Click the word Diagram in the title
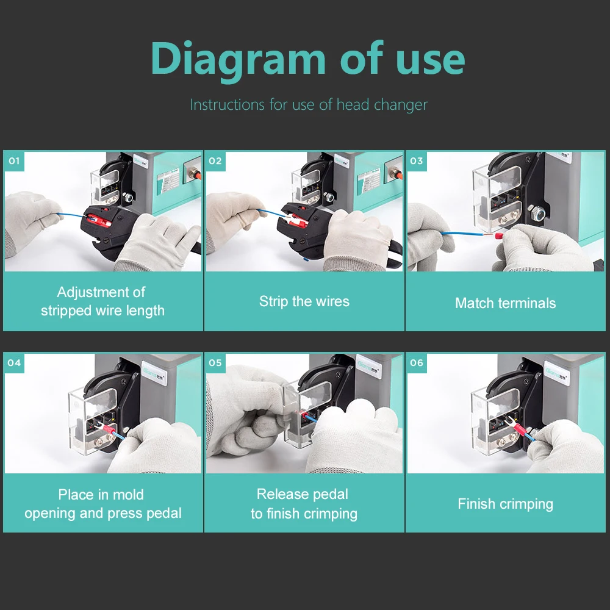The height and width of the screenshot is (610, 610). (238, 60)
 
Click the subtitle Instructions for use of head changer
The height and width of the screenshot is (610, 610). (309, 104)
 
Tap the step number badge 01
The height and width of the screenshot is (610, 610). (14, 161)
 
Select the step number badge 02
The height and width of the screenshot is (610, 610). (215, 161)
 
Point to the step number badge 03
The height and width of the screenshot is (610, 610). (417, 161)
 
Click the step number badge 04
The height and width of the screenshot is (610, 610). (14, 362)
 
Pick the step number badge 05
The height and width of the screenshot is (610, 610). (215, 362)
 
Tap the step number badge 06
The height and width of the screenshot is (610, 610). (417, 362)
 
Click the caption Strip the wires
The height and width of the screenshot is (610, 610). (304, 301)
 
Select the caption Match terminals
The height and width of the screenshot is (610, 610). (505, 303)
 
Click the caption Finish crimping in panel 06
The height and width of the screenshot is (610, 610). (505, 504)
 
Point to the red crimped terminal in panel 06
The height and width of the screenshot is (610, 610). (520, 431)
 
